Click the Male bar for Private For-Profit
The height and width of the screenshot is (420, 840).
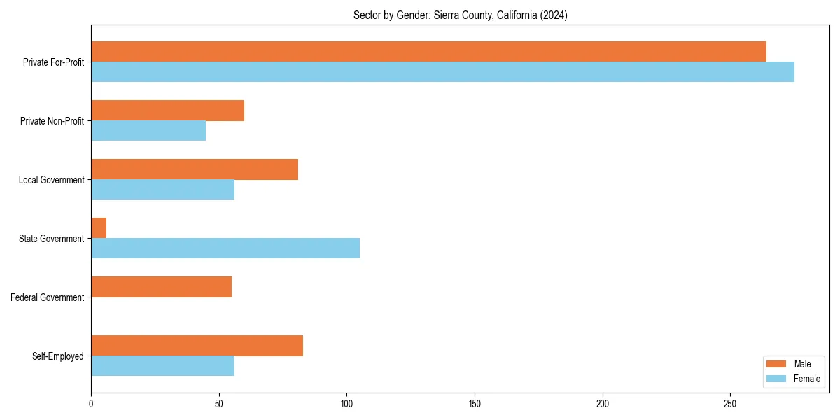[428, 52]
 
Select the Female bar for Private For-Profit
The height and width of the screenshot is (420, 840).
[442, 72]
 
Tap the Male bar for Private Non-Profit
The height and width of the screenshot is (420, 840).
[167, 111]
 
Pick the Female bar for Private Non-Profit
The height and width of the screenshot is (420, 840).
[148, 131]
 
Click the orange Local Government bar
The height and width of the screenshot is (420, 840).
[195, 169]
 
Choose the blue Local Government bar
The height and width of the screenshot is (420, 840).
[162, 190]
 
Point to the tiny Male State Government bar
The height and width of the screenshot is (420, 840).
[99, 228]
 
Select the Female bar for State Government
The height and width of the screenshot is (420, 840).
[225, 248]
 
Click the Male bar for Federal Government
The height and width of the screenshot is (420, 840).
[161, 287]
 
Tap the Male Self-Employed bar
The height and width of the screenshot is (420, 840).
[197, 346]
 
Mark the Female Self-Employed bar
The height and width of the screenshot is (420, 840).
[162, 366]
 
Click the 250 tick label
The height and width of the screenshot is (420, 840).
[731, 405]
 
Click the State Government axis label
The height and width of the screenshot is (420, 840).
[51, 239]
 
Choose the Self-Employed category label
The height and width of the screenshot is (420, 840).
[57, 356]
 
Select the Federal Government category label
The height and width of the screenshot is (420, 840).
[48, 297]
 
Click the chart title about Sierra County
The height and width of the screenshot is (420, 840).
[460, 15]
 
